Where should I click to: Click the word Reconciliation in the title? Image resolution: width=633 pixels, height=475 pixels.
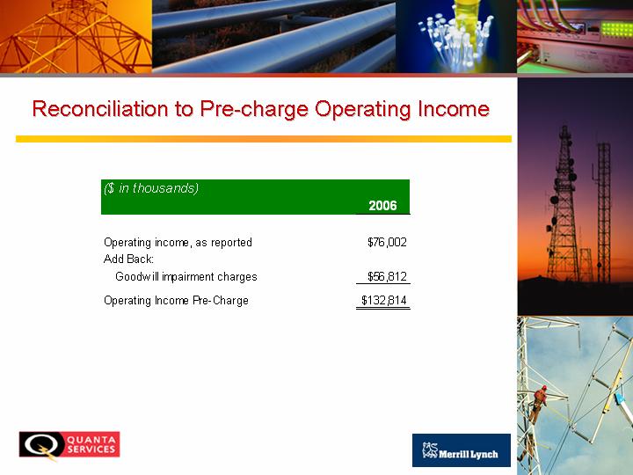[100, 109]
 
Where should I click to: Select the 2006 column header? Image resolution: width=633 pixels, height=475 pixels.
[382, 206]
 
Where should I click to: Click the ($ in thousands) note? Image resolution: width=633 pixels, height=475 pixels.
[151, 188]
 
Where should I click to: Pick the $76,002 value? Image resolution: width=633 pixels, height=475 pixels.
[387, 243]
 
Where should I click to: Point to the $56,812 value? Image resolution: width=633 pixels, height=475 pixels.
[387, 277]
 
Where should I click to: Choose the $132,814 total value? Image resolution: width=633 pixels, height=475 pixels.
[384, 301]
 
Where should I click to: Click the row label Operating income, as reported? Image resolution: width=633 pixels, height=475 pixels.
[178, 243]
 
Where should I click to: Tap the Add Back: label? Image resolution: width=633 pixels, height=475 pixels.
[128, 259]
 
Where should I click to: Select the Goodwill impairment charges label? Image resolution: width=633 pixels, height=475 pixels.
[186, 277]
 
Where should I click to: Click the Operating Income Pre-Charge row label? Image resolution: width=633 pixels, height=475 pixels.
[176, 301]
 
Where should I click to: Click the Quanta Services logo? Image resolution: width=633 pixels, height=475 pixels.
[69, 445]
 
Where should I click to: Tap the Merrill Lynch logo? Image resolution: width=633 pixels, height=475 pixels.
[462, 450]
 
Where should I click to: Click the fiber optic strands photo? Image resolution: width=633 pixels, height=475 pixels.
[456, 36]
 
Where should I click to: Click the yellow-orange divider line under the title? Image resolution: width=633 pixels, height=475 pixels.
[264, 139]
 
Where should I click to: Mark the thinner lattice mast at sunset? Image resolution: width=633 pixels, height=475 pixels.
[603, 212]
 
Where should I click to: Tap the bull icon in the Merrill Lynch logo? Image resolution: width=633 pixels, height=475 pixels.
[430, 450]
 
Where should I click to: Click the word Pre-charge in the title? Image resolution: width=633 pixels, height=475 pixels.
[254, 109]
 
